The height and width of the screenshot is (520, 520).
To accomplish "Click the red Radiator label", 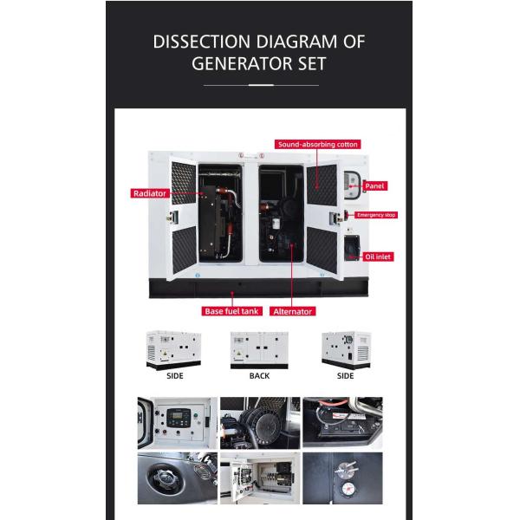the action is [x=149, y=193].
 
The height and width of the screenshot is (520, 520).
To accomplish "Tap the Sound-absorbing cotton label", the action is [x=317, y=144].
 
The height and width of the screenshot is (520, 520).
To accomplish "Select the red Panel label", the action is [x=374, y=185].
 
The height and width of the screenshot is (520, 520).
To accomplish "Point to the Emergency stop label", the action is [x=375, y=215].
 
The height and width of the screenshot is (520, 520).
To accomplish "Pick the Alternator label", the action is [x=293, y=311].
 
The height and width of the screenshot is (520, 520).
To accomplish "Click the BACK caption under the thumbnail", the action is [x=259, y=376].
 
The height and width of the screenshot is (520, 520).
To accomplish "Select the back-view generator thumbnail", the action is [x=259, y=349].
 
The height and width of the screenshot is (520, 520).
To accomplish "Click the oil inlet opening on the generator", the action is [x=354, y=248].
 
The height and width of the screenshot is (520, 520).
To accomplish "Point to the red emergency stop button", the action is [x=349, y=214].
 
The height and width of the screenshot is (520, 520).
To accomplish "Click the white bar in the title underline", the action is [x=261, y=86].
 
